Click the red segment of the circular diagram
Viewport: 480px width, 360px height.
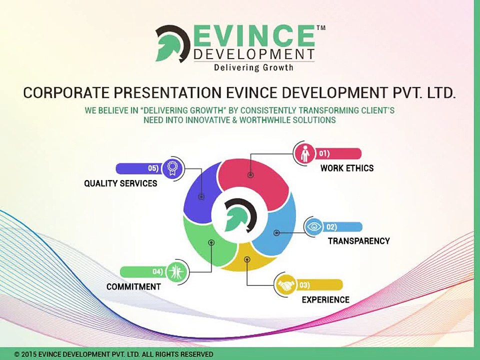click(x=260, y=177)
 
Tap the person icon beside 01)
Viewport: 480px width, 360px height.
click(x=305, y=154)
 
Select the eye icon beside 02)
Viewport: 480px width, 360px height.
click(x=314, y=227)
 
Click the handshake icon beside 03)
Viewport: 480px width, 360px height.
click(x=286, y=285)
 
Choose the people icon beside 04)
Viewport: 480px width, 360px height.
click(x=175, y=272)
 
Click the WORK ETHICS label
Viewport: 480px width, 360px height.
click(x=347, y=168)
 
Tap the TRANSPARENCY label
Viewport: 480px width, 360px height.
click(x=358, y=241)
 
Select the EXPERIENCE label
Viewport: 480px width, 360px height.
click(x=325, y=300)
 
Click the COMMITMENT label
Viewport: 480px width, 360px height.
click(x=133, y=287)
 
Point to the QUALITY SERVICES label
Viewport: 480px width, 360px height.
click(x=120, y=183)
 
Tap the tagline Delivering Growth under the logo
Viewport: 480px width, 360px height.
click(x=253, y=67)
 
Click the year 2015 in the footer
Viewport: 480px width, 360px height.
click(x=30, y=354)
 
